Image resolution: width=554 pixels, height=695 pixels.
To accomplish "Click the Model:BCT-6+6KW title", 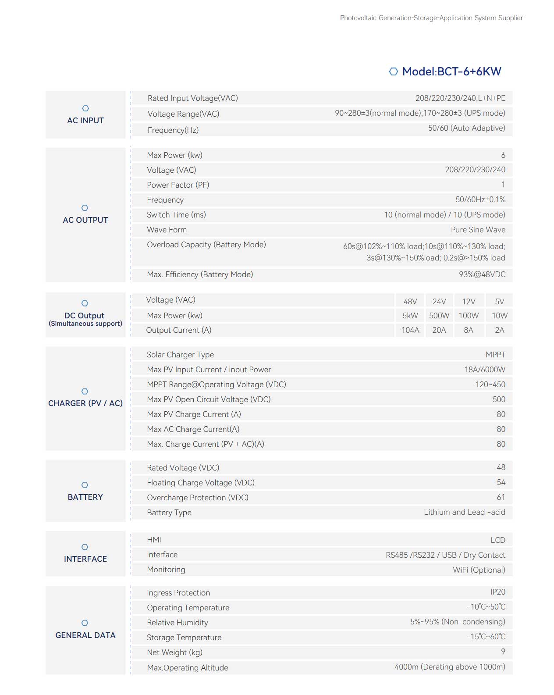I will (451, 71).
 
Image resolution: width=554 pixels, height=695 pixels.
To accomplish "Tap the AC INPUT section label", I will (85, 121).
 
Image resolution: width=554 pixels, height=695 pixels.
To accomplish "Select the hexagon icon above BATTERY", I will (85, 485).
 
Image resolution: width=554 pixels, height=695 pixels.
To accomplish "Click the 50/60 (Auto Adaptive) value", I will (466, 128).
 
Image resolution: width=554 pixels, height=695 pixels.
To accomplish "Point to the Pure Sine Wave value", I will (478, 230).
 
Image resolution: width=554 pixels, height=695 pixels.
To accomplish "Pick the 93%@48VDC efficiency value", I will (482, 274).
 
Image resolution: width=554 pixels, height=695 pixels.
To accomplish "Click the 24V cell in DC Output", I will (439, 301).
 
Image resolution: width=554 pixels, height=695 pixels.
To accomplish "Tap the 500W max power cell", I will (439, 316).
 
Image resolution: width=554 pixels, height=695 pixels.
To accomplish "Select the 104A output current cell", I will (410, 330).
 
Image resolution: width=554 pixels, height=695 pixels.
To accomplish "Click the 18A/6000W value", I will (484, 370).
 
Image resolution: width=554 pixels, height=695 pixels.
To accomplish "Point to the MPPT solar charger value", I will (495, 355).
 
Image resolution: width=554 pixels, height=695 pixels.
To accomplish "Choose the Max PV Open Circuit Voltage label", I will (209, 399).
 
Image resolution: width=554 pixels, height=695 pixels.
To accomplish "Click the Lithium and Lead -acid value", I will (464, 512).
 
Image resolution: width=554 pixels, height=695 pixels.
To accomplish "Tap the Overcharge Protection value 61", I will (501, 497).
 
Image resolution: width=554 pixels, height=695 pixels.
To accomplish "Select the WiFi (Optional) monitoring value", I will (479, 570).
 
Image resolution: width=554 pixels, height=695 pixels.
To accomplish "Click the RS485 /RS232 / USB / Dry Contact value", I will (445, 555).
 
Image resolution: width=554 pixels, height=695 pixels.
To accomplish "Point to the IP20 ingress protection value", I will (497, 592).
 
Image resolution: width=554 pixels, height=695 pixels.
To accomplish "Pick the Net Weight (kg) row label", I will (174, 652).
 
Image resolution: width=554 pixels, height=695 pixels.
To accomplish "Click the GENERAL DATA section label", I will (85, 635).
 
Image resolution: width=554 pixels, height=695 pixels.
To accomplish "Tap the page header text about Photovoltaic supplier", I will (431, 18).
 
